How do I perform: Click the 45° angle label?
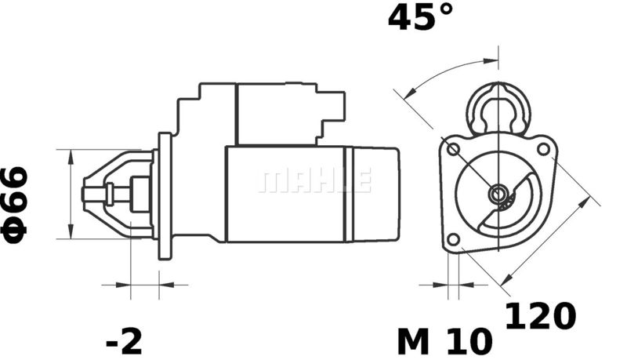coord(421,16)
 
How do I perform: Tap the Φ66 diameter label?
coord(14,205)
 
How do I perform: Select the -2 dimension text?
coord(124,342)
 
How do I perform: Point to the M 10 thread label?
coord(444,342)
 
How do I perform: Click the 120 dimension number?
coord(541,316)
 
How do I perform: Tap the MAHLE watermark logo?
coord(315,180)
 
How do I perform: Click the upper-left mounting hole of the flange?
coord(453,150)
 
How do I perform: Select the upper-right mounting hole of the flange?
coord(543,150)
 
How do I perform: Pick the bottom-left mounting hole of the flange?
coord(453,239)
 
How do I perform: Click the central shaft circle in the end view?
coord(498,195)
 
